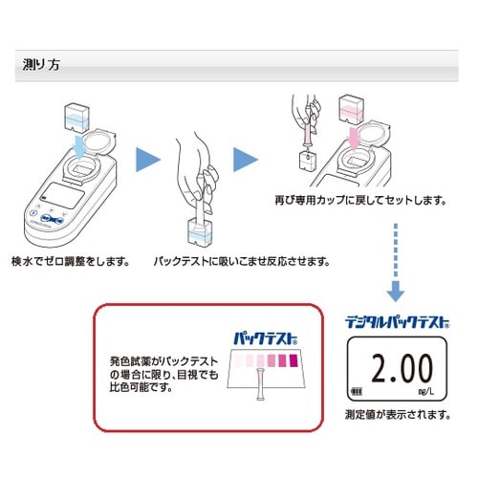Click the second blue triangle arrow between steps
click(x=247, y=158)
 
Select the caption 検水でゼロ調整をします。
click(x=70, y=261)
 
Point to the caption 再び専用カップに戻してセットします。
click(x=361, y=202)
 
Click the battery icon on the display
click(x=358, y=391)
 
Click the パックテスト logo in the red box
click(x=264, y=337)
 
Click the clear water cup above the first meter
click(x=74, y=118)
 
